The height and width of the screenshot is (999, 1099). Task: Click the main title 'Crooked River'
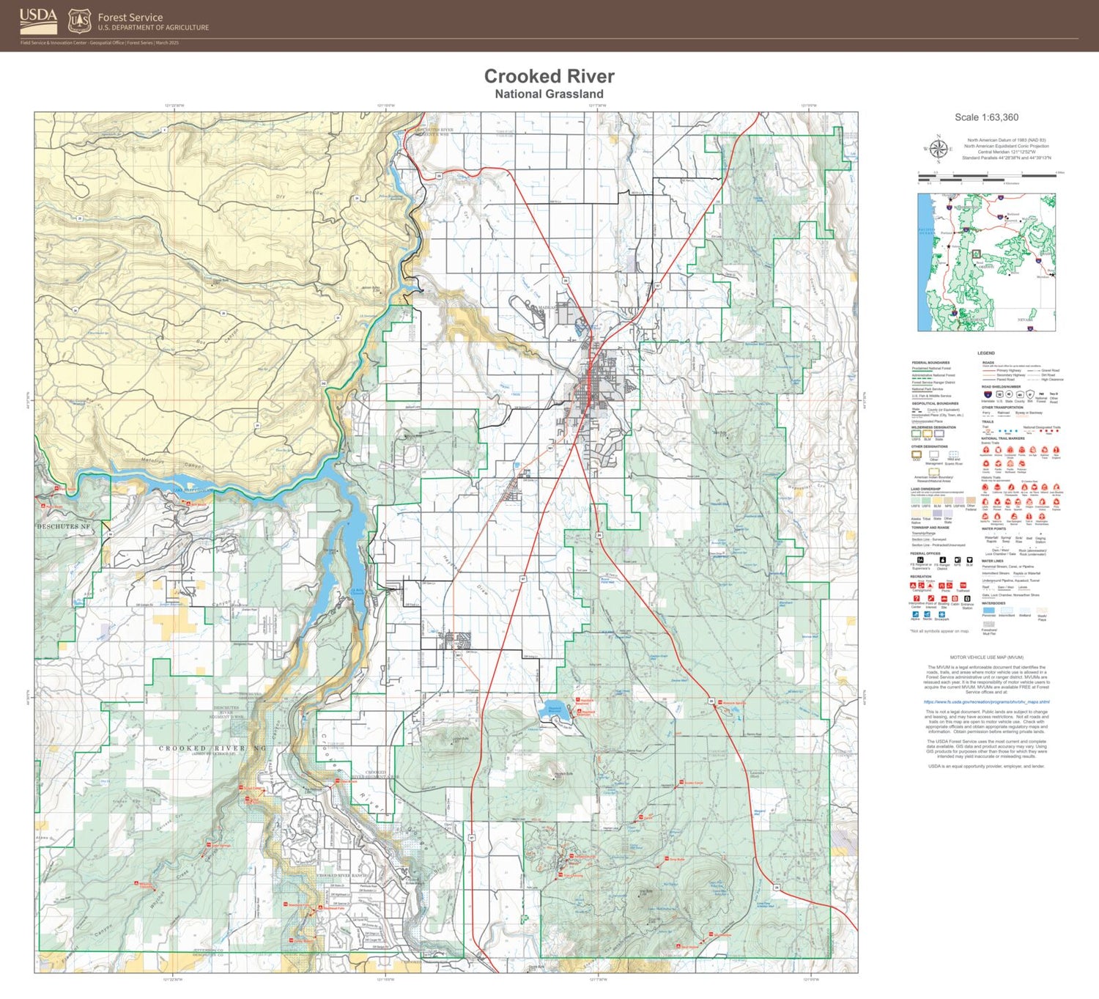(x=549, y=76)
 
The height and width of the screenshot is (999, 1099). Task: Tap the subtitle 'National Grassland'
(x=549, y=94)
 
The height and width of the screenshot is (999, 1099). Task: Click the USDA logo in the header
(x=38, y=21)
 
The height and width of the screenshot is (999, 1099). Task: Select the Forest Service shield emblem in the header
(x=79, y=21)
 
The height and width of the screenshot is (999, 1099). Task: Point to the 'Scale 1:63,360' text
(x=986, y=117)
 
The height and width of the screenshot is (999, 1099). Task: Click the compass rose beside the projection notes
(x=938, y=148)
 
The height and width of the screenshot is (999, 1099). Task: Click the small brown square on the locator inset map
(x=975, y=254)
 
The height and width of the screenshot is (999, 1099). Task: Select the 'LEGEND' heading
(x=986, y=353)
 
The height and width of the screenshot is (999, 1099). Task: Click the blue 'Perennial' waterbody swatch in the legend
(x=988, y=610)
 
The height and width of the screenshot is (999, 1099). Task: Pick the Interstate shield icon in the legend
(x=987, y=394)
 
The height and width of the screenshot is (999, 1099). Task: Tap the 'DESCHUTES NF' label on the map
(x=64, y=526)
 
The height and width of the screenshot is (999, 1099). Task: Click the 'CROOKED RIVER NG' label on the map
(x=212, y=748)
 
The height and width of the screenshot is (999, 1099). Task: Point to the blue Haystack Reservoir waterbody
(x=554, y=709)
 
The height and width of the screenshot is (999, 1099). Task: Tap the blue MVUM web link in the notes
(x=986, y=701)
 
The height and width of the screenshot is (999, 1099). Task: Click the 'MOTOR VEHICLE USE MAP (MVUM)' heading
(x=986, y=657)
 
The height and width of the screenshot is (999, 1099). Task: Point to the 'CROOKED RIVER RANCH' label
(x=341, y=876)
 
